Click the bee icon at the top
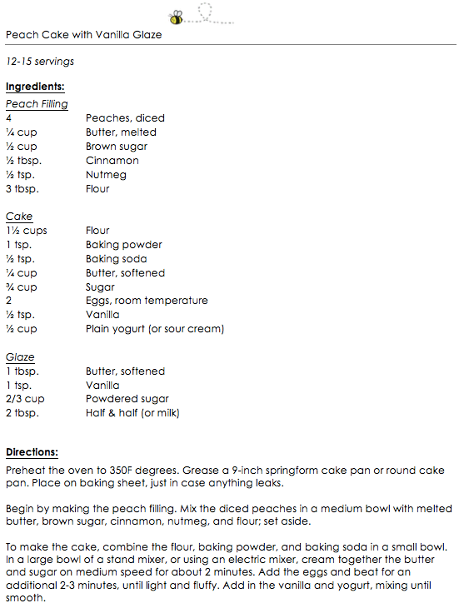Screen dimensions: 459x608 coord(176,17)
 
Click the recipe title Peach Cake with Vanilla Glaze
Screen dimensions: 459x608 coord(83,35)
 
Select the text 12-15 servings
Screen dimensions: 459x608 coord(40,62)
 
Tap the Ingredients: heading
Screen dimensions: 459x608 coord(35,87)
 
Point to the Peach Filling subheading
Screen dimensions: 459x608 coord(37,104)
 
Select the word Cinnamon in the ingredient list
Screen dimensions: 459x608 coord(112,161)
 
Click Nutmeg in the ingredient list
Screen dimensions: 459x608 coord(106,175)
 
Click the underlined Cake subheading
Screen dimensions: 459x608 coord(19,217)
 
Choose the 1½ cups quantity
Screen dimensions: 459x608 coord(27,231)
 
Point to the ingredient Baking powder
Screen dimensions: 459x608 coord(124,245)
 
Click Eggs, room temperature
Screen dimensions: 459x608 coord(147,301)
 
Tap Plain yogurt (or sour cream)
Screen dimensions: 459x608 coord(155,329)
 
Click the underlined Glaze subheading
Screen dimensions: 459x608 coord(21,357)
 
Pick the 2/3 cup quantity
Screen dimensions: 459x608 coord(25,399)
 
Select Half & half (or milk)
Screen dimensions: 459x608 coord(132,413)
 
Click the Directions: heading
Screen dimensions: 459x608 coord(32,452)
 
